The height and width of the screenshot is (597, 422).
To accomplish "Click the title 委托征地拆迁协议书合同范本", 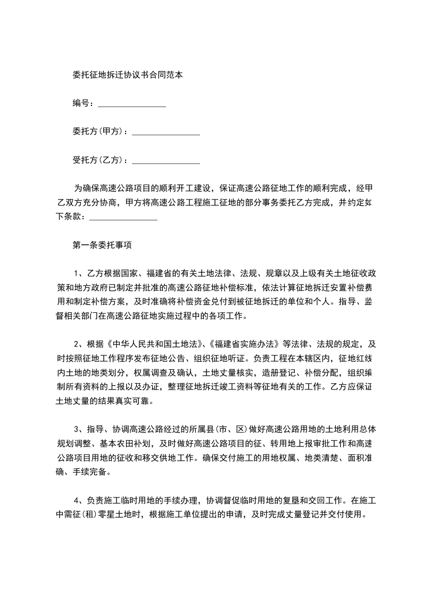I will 128,75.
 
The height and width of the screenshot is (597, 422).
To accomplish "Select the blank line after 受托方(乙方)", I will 166,160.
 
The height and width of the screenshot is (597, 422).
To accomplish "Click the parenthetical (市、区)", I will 234,429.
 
